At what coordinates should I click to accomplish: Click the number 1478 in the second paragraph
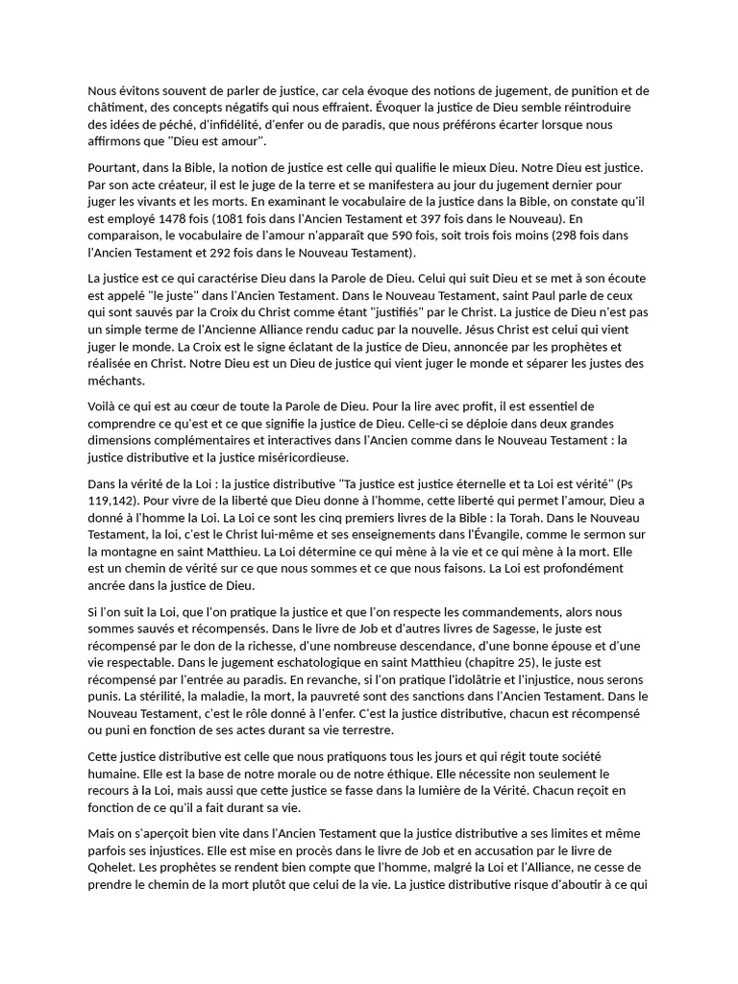(x=179, y=218)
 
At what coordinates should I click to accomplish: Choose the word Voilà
(x=105, y=406)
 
